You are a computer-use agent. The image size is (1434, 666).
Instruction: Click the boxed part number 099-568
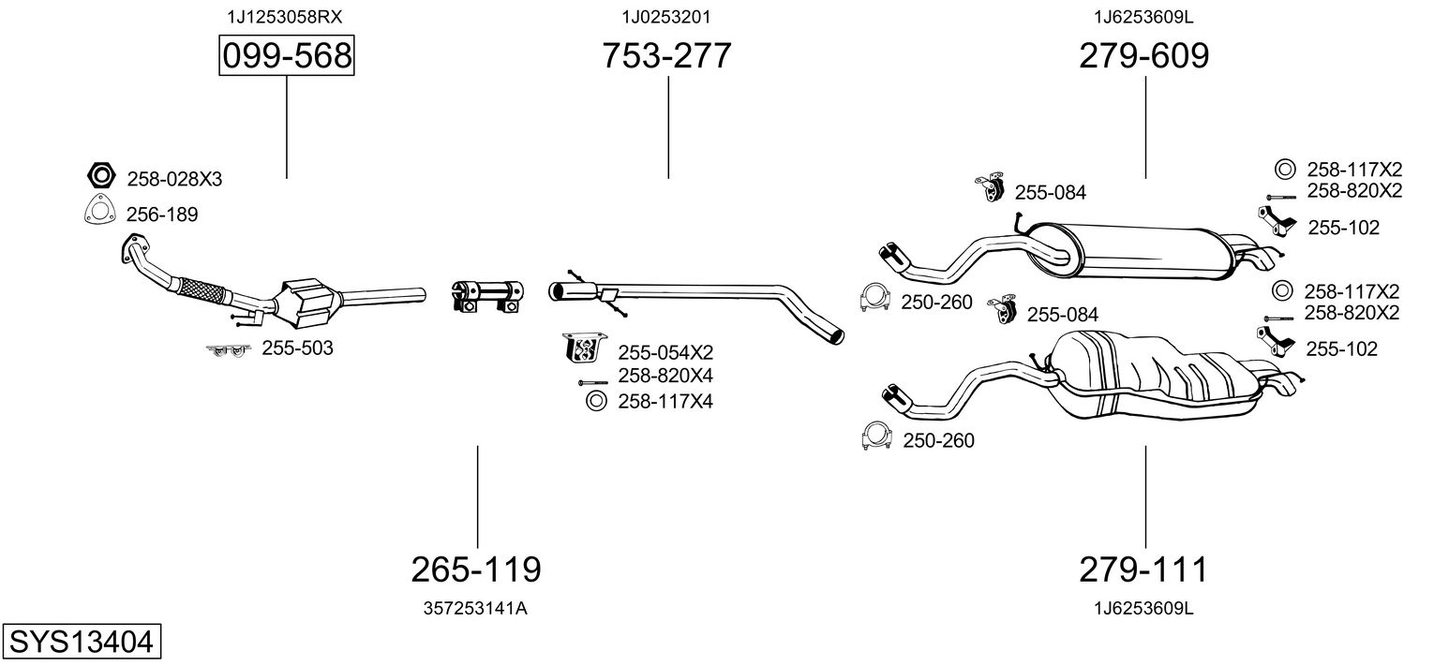[286, 57]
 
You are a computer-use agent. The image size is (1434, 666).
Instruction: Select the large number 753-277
[666, 57]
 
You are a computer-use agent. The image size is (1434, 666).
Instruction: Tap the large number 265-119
[476, 569]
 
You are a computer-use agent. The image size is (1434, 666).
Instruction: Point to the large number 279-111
[1143, 569]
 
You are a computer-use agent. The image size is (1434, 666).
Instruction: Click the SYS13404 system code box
[81, 643]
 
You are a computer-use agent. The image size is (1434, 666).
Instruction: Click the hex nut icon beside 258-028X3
[100, 175]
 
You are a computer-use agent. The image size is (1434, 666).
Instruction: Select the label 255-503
[297, 348]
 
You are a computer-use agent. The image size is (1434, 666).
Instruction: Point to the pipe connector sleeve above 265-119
[486, 293]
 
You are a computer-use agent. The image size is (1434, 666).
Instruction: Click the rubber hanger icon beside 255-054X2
[582, 348]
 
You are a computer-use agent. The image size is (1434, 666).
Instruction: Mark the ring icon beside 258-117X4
[595, 401]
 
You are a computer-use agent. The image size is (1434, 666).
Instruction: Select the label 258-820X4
[665, 376]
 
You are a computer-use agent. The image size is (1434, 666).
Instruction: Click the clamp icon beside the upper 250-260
[874, 298]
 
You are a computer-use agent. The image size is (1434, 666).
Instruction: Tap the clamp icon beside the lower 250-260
[876, 437]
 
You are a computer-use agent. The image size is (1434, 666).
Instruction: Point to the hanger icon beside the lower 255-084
[1005, 311]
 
